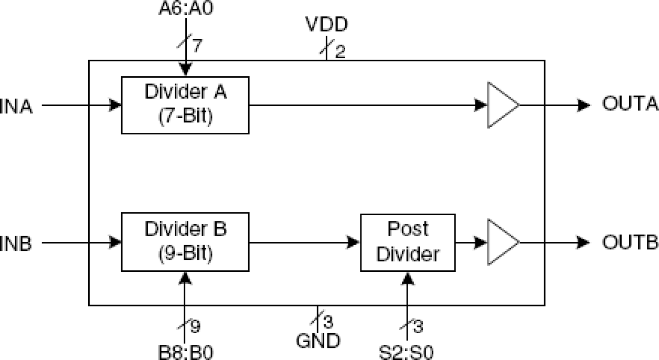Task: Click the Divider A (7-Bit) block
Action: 185,105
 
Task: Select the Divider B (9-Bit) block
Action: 185,242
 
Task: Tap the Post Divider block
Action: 407,242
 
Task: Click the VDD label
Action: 327,25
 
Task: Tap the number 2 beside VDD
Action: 340,52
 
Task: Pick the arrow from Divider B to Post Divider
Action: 304,242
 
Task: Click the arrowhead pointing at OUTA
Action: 584,105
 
